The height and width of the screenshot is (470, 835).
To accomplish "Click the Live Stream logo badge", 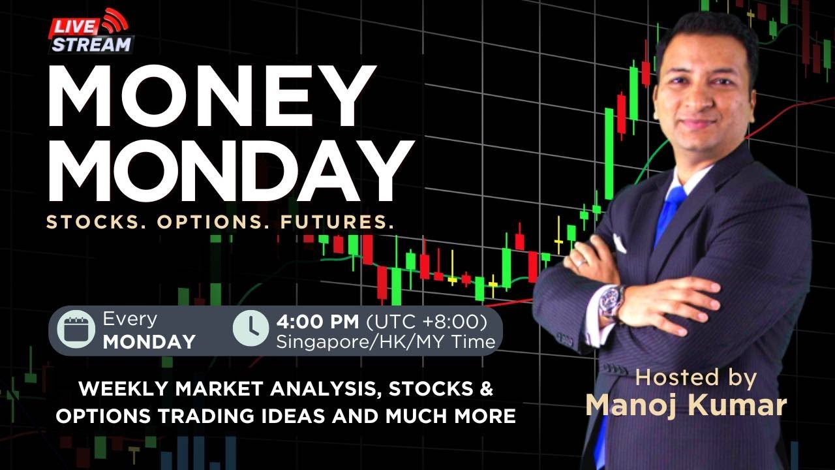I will pos(91,33).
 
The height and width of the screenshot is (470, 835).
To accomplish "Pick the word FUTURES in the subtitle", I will pos(337,222).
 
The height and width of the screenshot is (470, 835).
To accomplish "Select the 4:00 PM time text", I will pos(318,321).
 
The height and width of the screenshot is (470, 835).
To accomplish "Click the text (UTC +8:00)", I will pos(427,321).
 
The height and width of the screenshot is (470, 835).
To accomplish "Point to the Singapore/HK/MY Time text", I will pos(386,341).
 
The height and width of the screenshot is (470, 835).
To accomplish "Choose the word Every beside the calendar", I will pos(130,319).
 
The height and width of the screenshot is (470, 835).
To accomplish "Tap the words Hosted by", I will pos(695,377).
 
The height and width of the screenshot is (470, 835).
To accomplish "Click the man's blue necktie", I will pos(670,212).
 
